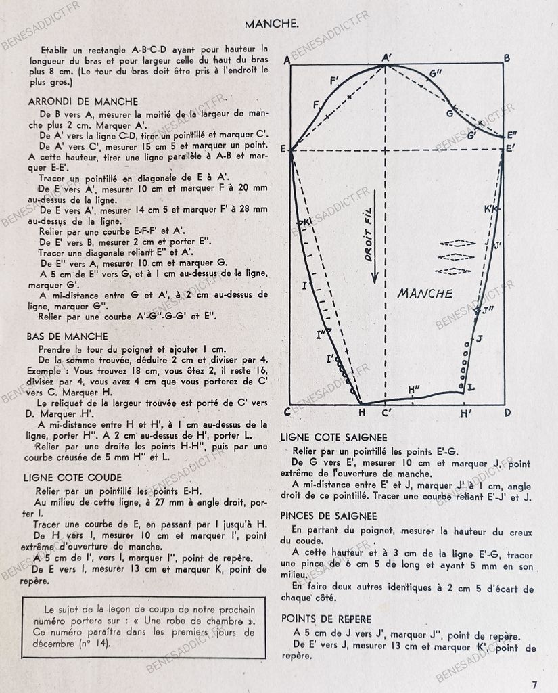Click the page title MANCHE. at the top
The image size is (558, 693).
pyautogui.click(x=272, y=24)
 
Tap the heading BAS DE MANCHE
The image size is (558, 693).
pyautogui.click(x=68, y=336)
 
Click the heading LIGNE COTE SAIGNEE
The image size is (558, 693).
pyautogui.click(x=333, y=438)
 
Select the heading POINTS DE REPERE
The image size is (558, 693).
pyautogui.click(x=326, y=619)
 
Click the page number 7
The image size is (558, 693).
pyautogui.click(x=534, y=684)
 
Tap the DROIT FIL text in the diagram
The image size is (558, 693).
pyautogui.click(x=369, y=237)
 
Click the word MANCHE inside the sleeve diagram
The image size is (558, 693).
pyautogui.click(x=425, y=293)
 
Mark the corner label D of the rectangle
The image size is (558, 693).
pyautogui.click(x=507, y=412)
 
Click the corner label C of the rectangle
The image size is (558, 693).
pyautogui.click(x=287, y=412)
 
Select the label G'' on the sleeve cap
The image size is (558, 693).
pyautogui.click(x=437, y=72)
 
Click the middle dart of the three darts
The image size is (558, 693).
pyautogui.click(x=454, y=257)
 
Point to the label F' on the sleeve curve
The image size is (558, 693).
pyautogui.click(x=334, y=82)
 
